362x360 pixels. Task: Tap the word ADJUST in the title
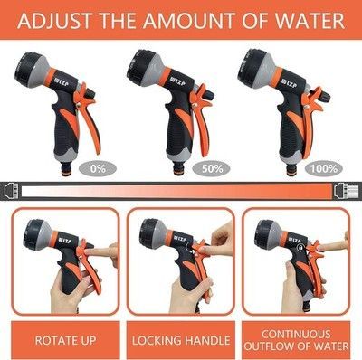point(54,21)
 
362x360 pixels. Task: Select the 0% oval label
point(98,169)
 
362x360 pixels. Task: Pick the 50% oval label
point(213,169)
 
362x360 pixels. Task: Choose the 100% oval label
point(324,169)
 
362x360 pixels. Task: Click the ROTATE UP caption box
point(65,340)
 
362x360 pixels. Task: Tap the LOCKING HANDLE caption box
point(181,340)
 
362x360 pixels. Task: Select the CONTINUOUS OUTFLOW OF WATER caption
point(296,340)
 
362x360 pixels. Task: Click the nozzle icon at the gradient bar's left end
point(12,191)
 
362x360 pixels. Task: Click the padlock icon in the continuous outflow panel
point(300,247)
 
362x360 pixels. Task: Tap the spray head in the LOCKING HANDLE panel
point(156,233)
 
